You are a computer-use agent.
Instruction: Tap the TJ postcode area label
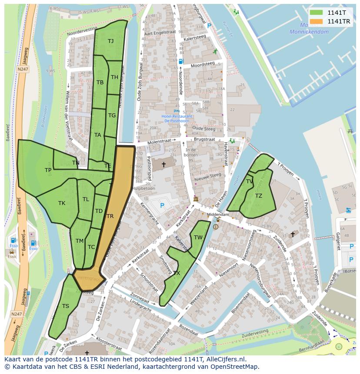pos(110,41)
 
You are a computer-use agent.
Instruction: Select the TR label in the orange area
pos(110,216)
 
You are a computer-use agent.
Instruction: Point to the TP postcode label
pos(48,170)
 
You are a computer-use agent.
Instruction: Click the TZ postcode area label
pos(259,196)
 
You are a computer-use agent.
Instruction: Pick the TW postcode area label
pos(198,237)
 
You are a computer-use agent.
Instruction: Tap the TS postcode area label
pos(65,306)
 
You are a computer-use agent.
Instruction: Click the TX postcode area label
pos(177,273)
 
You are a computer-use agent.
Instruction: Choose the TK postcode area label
pos(62,203)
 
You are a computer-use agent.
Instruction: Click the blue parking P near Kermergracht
pos(162,205)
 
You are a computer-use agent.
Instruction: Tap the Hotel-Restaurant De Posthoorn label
pos(177,119)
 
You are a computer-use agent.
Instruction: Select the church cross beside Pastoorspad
pos(163,165)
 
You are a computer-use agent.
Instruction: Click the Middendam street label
pos(218,215)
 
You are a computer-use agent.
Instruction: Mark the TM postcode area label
pos(79,241)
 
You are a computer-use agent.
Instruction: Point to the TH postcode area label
pos(114,77)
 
